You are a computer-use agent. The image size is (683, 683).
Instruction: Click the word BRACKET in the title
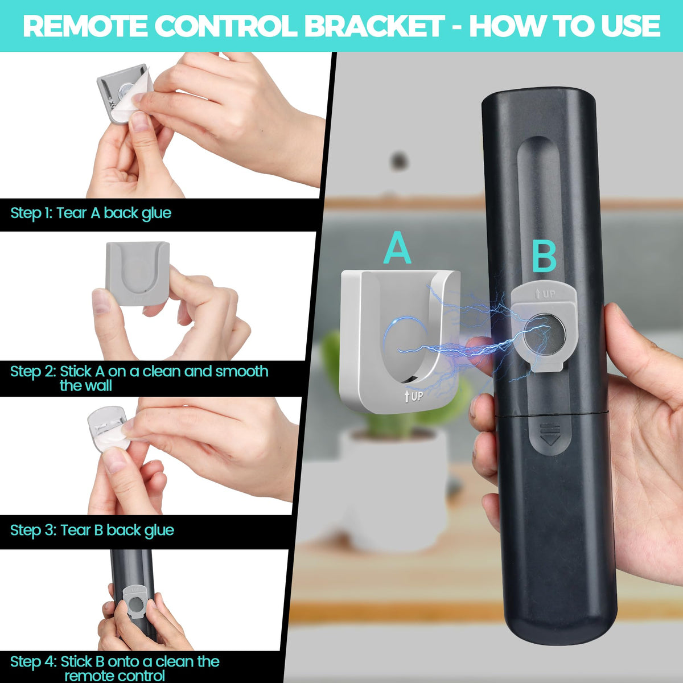click(x=374, y=26)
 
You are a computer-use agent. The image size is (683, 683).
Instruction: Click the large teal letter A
click(x=397, y=248)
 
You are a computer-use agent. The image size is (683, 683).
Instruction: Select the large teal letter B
click(x=544, y=258)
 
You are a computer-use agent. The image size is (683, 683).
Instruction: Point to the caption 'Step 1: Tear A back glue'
click(x=90, y=213)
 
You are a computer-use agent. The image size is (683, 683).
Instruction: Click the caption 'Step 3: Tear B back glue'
click(x=92, y=530)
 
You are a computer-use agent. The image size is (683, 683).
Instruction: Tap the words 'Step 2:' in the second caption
click(x=33, y=372)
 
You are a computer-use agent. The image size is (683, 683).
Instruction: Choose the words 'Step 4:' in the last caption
click(x=33, y=661)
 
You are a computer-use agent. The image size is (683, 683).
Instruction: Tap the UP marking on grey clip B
click(x=545, y=294)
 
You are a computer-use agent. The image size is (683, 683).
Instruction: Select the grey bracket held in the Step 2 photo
click(x=138, y=273)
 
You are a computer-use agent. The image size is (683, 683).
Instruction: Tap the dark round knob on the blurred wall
click(x=400, y=161)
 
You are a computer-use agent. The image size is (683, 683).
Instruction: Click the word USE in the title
click(x=630, y=26)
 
